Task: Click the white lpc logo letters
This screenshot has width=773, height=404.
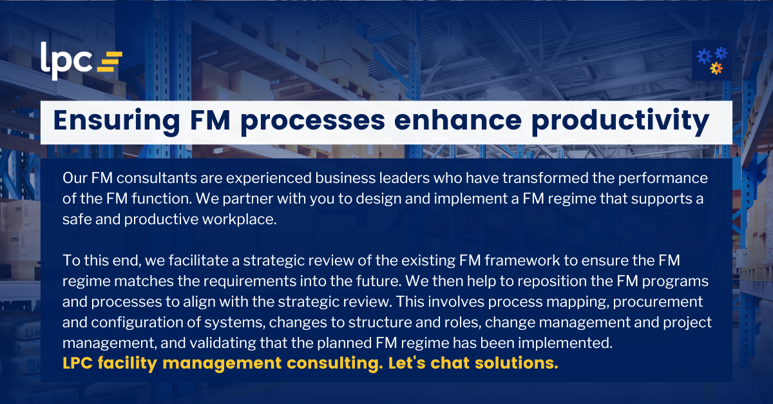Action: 66,60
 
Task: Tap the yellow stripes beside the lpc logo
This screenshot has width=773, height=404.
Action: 109,61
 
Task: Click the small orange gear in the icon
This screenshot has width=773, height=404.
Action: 716,68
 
